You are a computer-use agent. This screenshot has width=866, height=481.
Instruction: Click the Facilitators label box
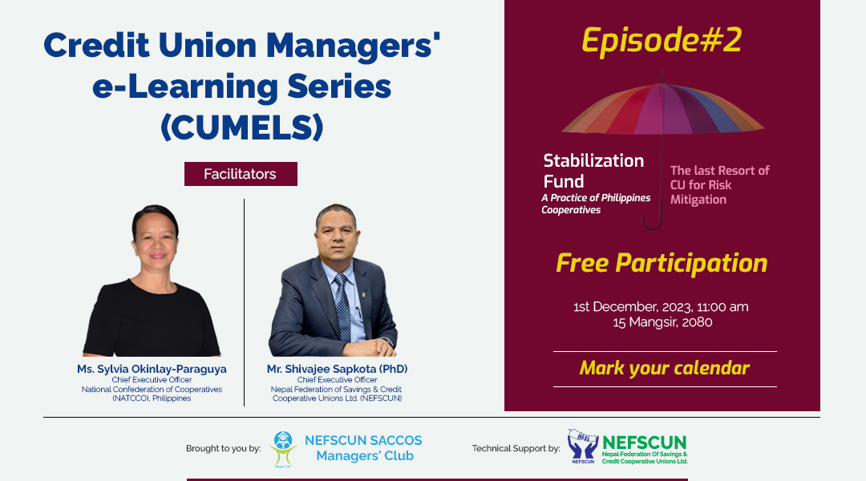click(241, 174)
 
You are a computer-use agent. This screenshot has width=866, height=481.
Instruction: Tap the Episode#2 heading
click(662, 41)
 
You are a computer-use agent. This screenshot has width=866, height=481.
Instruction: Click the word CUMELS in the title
click(242, 127)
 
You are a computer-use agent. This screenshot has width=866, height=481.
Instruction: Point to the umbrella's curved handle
click(653, 222)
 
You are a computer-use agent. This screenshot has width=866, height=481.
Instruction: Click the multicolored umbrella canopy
click(663, 109)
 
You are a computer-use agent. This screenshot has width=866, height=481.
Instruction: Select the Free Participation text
click(662, 263)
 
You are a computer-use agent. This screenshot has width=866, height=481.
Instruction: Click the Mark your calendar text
click(665, 368)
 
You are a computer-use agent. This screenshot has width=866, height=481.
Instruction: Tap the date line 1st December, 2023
click(661, 306)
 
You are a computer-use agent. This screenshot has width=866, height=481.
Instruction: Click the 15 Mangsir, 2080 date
click(662, 322)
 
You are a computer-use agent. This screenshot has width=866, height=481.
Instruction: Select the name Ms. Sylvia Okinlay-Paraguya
click(152, 369)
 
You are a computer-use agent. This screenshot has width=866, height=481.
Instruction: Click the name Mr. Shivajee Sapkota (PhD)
click(337, 369)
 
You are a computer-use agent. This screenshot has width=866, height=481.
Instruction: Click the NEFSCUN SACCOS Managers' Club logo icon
click(283, 449)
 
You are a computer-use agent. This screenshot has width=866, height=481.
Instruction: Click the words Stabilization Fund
click(593, 171)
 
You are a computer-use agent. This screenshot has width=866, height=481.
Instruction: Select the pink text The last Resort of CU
click(719, 178)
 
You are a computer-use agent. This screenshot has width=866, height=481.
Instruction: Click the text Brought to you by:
click(223, 448)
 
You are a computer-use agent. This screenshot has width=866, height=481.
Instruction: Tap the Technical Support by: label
click(516, 448)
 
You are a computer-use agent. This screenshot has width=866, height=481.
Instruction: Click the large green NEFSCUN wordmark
click(645, 443)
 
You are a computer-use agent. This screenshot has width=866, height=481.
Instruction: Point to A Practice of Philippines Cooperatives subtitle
click(596, 204)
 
